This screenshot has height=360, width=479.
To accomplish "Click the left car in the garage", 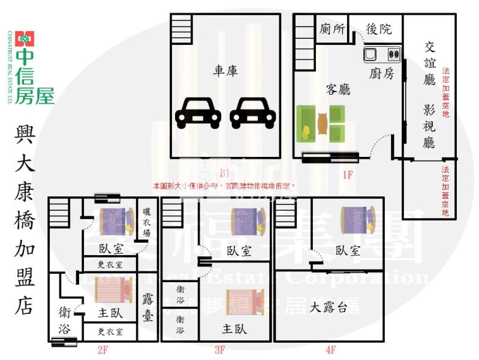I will pos(197,112).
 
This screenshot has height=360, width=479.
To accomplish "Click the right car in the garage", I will pos(252,112).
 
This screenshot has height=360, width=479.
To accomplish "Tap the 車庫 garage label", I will pos(225,71).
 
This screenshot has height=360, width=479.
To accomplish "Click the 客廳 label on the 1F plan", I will pos(338,90).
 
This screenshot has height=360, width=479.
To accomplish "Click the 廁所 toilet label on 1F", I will pos(332,28).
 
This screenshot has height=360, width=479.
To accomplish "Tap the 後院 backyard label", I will pos(378,28).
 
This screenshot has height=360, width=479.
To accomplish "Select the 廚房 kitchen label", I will pos(381,73).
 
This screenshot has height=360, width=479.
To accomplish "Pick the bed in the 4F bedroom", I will pos(357,219).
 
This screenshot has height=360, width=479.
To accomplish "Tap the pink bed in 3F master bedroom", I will pos(244,301).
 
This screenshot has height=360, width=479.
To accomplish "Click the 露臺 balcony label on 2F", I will pos(148,306).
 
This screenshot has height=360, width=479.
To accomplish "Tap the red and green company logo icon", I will pos(25,39).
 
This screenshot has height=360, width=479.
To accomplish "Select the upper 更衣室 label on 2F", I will pos(110,264).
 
